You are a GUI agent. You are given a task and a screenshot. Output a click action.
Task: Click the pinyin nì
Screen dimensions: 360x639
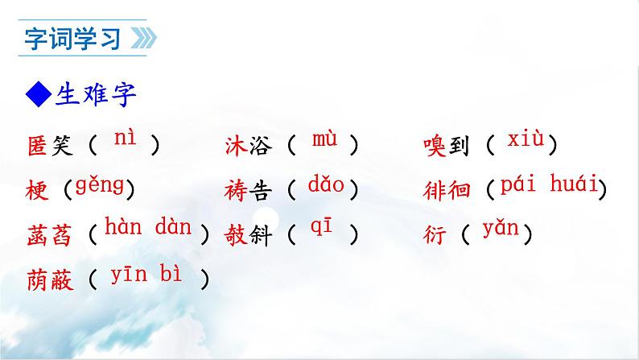125,139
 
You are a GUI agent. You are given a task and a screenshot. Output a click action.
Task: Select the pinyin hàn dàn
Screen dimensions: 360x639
148,229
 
